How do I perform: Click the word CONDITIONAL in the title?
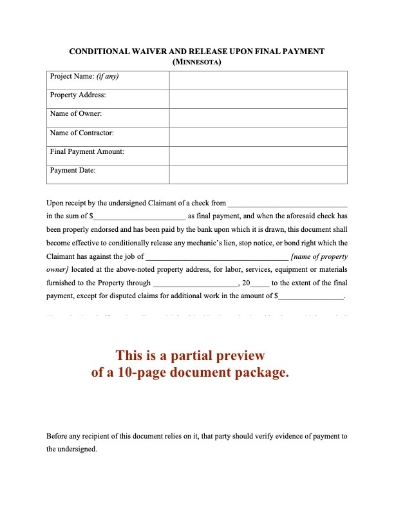point(99,50)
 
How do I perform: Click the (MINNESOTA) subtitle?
point(197,61)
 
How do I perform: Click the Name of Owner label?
point(75,114)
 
